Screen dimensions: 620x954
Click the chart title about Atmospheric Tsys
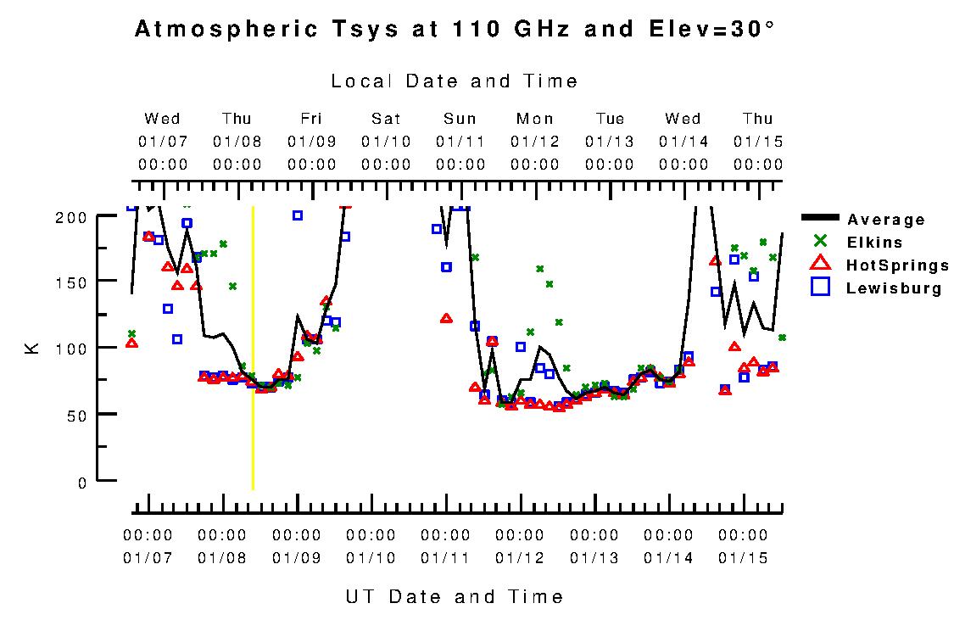[455, 30]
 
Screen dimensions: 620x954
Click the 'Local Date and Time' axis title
[455, 81]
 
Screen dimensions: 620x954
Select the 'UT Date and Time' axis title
[455, 596]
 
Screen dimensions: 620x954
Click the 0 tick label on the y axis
[81, 482]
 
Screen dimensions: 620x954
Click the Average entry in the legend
[886, 221]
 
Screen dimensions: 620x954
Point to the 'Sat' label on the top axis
[386, 119]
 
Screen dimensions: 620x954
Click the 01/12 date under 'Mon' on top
[535, 141]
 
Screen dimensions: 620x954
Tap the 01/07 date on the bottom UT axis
[148, 558]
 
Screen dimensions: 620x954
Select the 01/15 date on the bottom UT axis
[743, 558]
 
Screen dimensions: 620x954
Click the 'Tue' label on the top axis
[610, 119]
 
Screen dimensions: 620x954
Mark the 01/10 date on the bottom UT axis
[371, 558]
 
